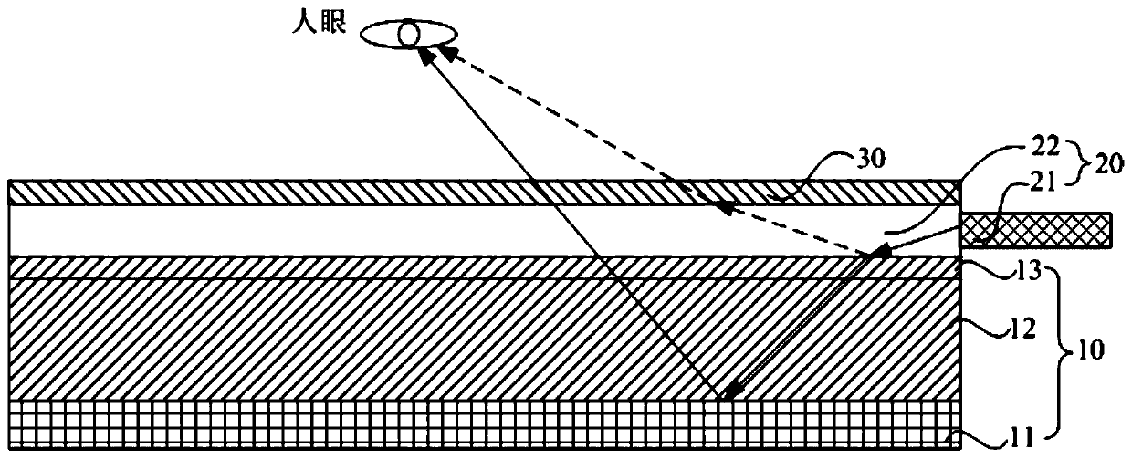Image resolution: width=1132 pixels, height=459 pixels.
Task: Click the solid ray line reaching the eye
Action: click(x=566, y=219)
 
